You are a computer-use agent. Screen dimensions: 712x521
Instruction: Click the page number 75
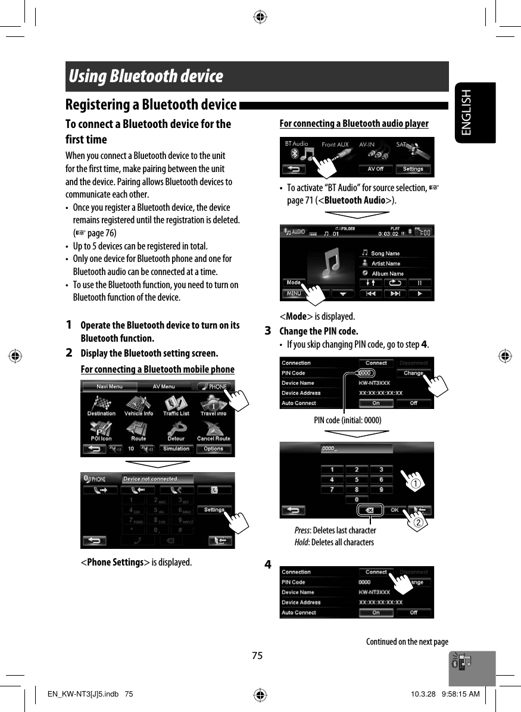(257, 655)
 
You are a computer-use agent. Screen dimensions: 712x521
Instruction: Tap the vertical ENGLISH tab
(466, 113)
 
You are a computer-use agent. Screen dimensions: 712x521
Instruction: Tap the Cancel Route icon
(213, 431)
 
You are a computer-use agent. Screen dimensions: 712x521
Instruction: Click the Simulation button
(176, 449)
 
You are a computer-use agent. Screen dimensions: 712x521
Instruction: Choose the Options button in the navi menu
(213, 449)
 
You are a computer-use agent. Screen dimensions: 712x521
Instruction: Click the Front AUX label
(335, 145)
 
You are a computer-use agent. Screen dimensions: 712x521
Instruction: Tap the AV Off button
(375, 169)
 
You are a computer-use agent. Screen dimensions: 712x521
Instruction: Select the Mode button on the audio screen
(294, 282)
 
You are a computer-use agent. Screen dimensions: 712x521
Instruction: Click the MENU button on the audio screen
(294, 293)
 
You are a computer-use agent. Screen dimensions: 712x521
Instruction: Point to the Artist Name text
(386, 263)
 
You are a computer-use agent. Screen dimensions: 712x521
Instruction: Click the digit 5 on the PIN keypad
(357, 479)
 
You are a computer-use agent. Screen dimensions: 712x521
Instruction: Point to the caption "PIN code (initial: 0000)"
(348, 420)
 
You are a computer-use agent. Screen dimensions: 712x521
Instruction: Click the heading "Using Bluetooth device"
(146, 77)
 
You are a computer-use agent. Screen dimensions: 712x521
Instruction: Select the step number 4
(269, 564)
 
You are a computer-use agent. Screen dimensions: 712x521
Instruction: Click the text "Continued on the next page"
(407, 641)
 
